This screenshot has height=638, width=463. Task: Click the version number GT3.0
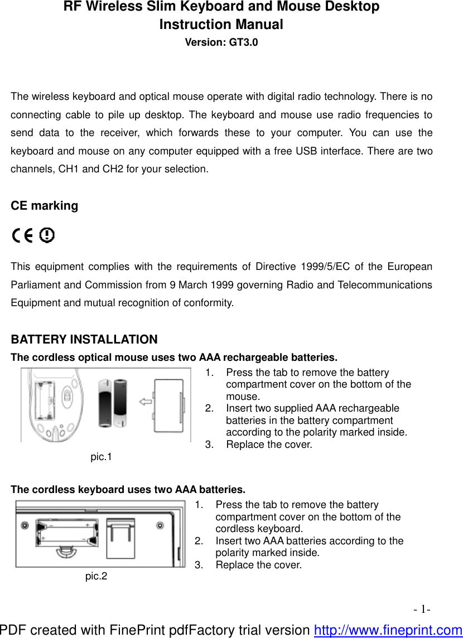click(243, 42)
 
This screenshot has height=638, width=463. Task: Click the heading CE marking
click(45, 205)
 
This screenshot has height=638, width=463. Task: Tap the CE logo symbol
click(23, 236)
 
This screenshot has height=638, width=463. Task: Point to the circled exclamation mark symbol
click(48, 236)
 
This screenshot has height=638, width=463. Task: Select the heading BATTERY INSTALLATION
click(84, 339)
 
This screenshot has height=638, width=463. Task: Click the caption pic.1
click(101, 457)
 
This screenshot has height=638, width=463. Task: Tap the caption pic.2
click(96, 576)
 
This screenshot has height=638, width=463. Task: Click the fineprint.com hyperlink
click(388, 630)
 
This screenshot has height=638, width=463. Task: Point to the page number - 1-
click(422, 609)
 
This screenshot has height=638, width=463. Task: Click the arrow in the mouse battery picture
click(146, 400)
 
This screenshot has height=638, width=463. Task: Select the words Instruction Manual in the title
click(221, 25)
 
